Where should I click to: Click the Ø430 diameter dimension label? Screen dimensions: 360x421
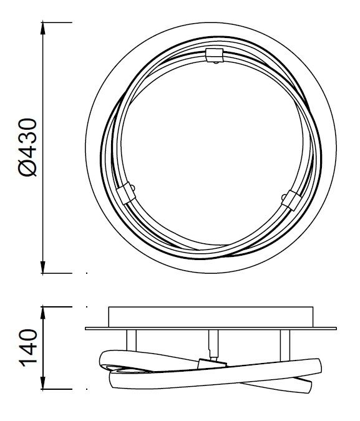point(27,147)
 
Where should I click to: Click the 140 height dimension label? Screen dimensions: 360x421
point(27,348)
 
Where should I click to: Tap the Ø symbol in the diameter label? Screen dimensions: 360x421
point(27,167)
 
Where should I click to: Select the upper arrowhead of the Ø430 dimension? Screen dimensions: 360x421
point(42,28)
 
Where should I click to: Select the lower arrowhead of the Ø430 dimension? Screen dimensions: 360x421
point(42,267)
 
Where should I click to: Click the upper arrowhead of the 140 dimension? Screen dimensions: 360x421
point(42,312)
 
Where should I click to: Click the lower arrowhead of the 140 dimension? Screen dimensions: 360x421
point(42,383)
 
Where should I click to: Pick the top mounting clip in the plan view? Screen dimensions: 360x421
point(215,54)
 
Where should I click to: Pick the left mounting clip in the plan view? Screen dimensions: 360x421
point(126,193)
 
